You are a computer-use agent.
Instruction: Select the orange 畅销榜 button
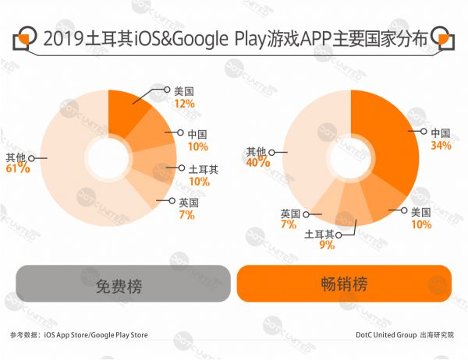click(x=343, y=284)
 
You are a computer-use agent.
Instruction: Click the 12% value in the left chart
click(x=184, y=103)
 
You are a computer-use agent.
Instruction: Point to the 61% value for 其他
click(x=19, y=168)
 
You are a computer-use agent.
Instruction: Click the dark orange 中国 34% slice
click(x=386, y=140)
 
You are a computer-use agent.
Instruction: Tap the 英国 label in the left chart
click(x=188, y=203)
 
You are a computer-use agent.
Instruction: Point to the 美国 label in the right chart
click(x=421, y=212)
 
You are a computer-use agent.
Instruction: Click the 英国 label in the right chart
click(x=289, y=213)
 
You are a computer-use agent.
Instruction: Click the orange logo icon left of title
click(x=24, y=39)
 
